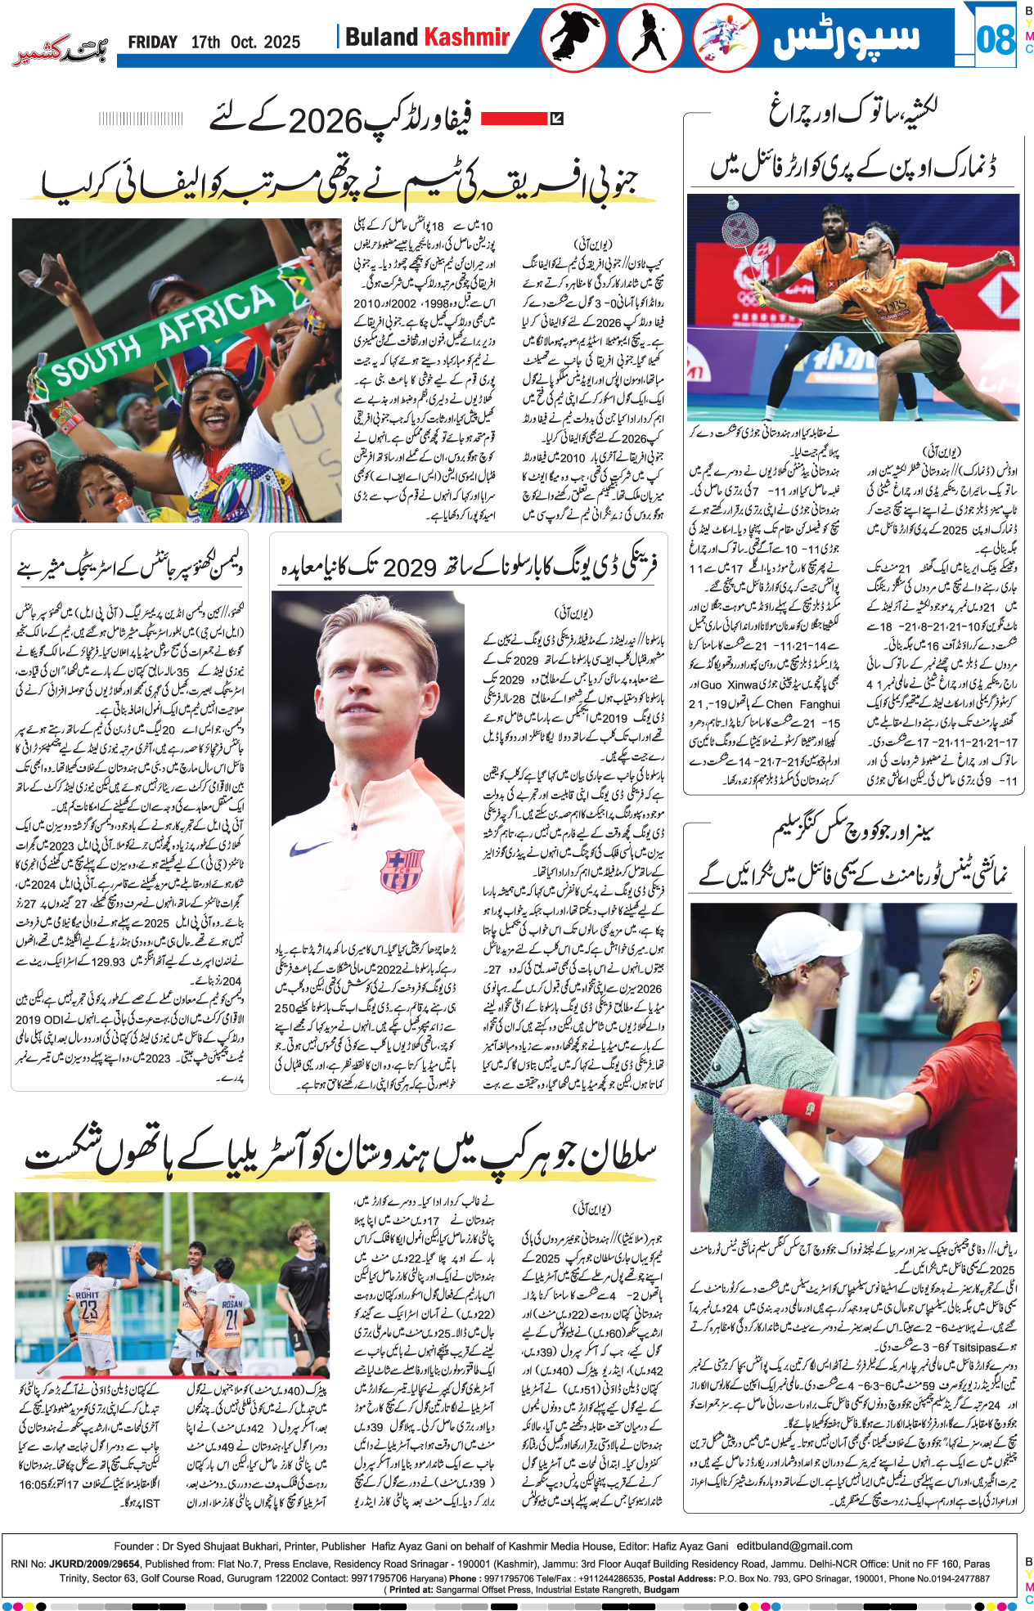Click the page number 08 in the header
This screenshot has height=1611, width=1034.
point(995,39)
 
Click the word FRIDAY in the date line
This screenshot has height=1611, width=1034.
point(153,43)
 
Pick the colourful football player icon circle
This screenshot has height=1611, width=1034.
point(726,38)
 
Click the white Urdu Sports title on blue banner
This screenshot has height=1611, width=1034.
point(847,38)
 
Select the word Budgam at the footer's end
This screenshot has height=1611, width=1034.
point(661,1590)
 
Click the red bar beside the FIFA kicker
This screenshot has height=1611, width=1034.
point(514,119)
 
